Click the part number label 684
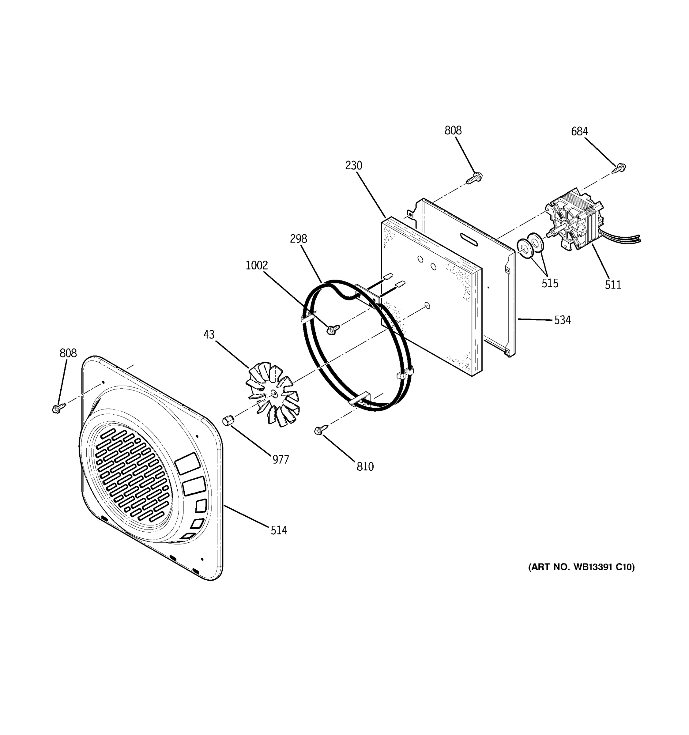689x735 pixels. click(x=579, y=131)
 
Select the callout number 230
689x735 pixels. click(x=353, y=165)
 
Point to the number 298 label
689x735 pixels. click(x=298, y=239)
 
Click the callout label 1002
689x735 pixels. click(x=257, y=266)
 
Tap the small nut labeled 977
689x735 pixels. click(x=227, y=420)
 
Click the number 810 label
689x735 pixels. click(x=365, y=467)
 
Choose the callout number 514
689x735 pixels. click(x=279, y=530)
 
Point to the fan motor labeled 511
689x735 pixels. click(x=575, y=225)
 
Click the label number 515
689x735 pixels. click(x=550, y=283)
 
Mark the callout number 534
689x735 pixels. click(x=562, y=320)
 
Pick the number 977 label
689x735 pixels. click(x=280, y=460)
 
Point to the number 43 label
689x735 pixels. click(x=209, y=335)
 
